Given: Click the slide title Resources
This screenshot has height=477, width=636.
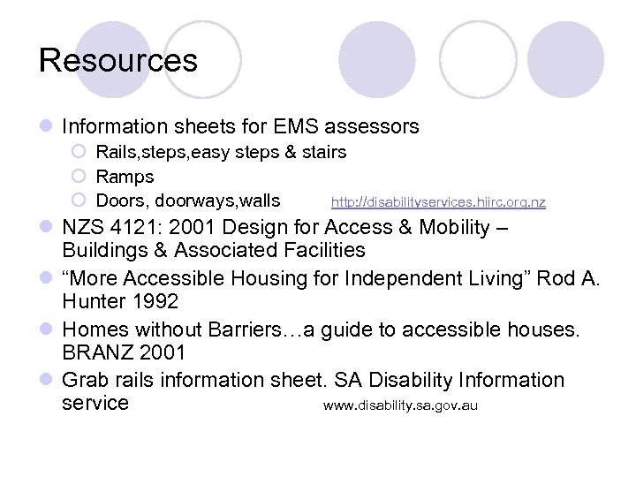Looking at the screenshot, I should pyautogui.click(x=118, y=61).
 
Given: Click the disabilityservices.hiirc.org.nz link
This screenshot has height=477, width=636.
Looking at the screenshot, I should pyautogui.click(x=438, y=202).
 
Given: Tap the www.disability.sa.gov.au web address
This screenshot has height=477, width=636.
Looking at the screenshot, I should pyautogui.click(x=400, y=406).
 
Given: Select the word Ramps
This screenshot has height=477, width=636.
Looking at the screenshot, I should pyautogui.click(x=125, y=177).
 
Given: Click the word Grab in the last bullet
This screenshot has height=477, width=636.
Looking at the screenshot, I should pyautogui.click(x=85, y=380).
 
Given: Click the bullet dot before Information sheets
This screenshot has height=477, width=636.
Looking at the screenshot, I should pyautogui.click(x=46, y=128).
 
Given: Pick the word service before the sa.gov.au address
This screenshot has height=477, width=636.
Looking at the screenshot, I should pyautogui.click(x=96, y=404).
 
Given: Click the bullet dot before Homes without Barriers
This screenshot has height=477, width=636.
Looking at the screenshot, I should pyautogui.click(x=46, y=330).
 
